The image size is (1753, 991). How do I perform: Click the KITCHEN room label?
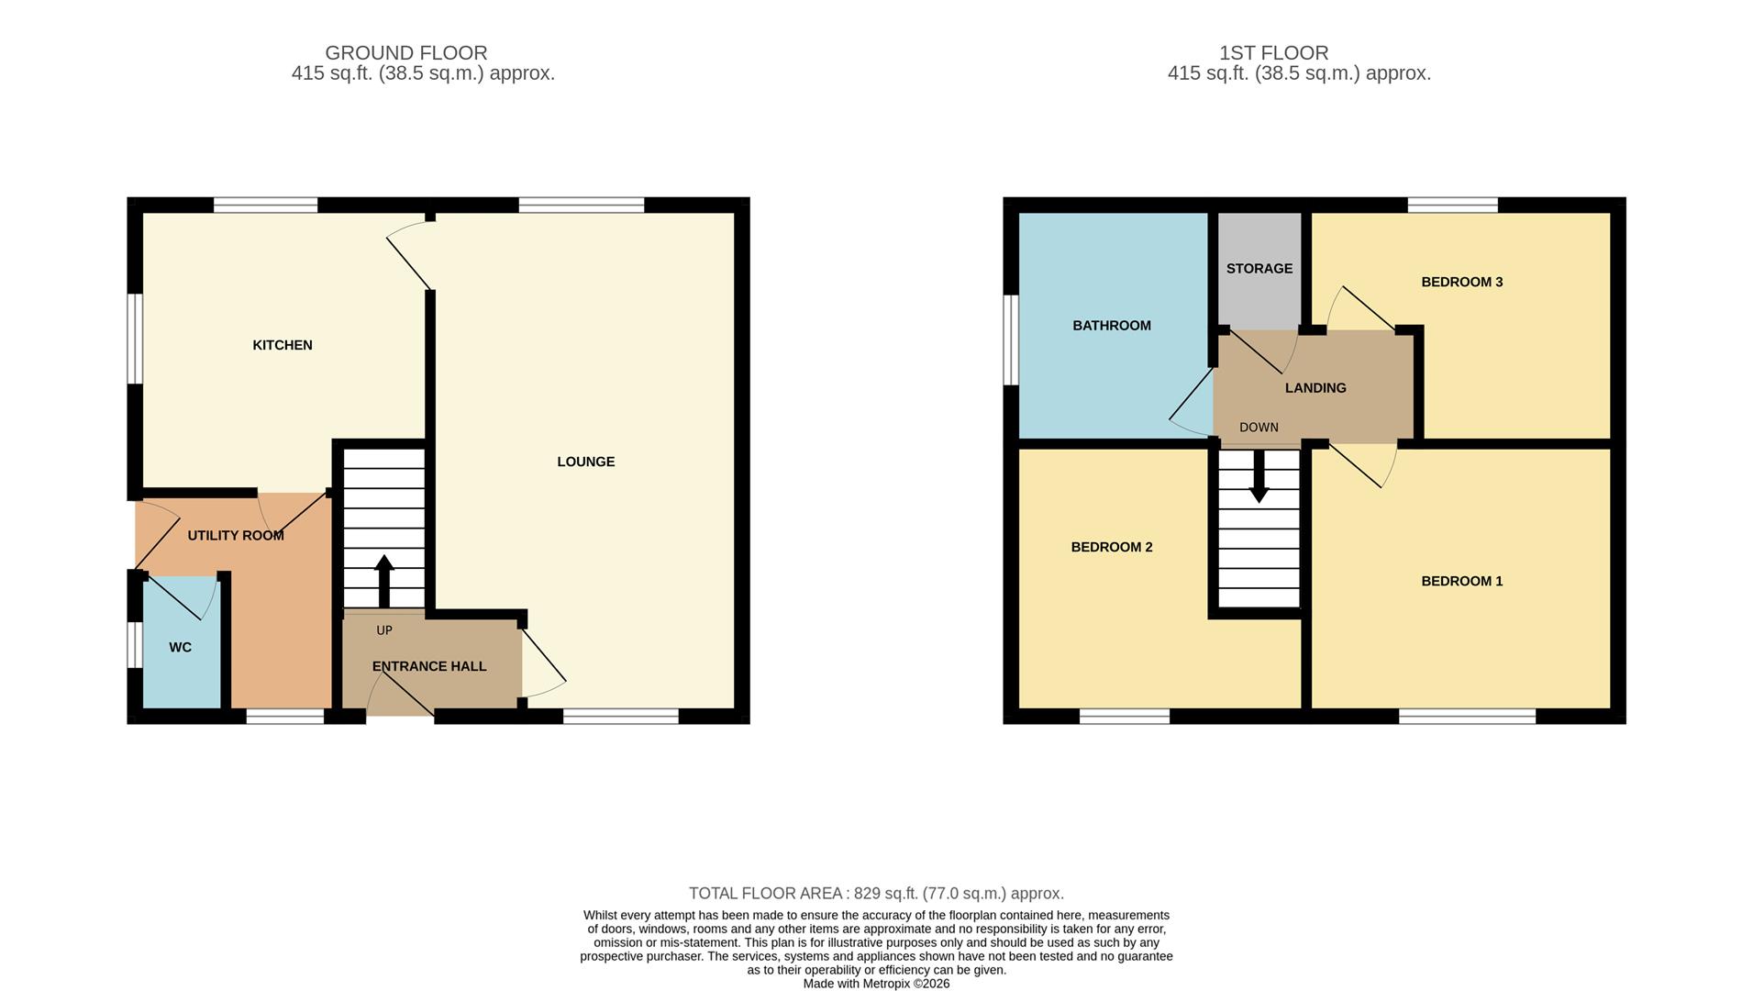tap(283, 345)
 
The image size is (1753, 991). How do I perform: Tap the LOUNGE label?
tap(585, 462)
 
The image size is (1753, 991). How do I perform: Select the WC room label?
tap(180, 647)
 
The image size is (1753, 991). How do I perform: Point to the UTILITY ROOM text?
tap(235, 535)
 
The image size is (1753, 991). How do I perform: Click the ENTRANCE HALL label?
tap(428, 666)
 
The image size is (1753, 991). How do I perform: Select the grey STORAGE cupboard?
tap(1259, 269)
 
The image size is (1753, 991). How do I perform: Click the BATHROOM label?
tap(1111, 326)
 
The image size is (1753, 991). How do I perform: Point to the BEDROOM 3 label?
tap(1461, 282)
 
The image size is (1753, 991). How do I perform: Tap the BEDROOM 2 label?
tap(1111, 547)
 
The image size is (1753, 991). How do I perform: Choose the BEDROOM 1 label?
tap(1461, 581)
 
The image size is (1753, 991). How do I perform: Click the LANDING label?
tap(1315, 388)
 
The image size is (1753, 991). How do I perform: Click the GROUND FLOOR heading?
tap(405, 53)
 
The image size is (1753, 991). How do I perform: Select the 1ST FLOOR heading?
tap(1273, 53)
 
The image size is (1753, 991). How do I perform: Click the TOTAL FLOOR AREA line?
tap(876, 893)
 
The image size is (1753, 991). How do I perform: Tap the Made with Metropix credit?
tap(876, 984)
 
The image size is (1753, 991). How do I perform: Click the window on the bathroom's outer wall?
tap(1010, 340)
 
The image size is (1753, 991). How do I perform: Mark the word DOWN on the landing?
tap(1259, 428)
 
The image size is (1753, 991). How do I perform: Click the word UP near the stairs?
tap(383, 630)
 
